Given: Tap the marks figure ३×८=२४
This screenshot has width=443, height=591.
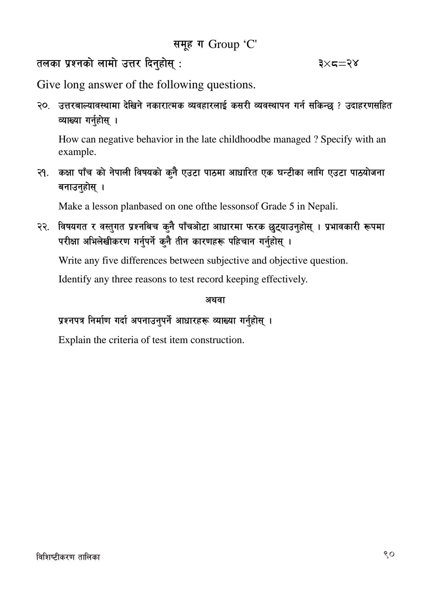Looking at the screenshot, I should pos(338,63).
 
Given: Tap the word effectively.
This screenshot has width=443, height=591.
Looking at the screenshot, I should pos(284,279).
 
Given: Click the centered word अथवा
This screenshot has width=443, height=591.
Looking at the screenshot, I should pos(215,299).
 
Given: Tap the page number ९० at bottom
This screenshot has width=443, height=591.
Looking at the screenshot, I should pos(389,554).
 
